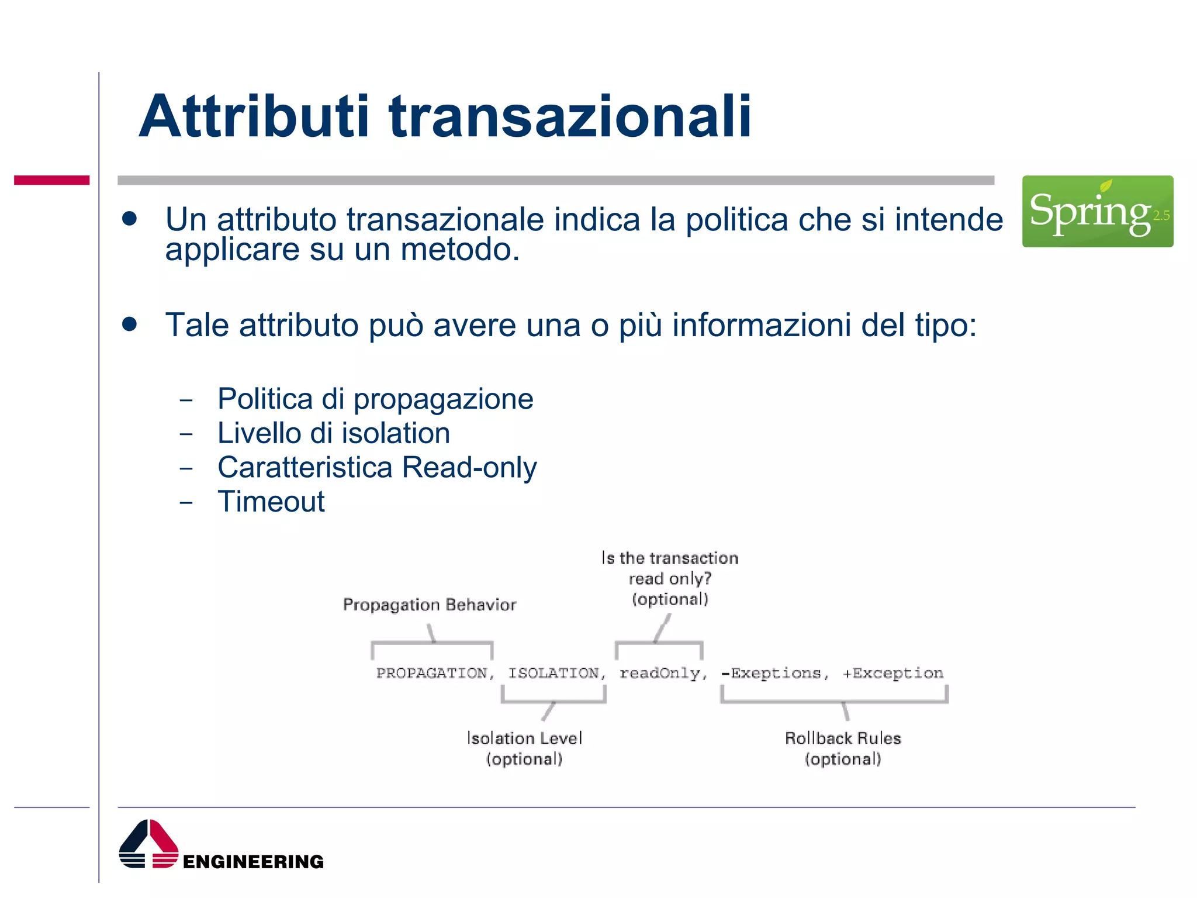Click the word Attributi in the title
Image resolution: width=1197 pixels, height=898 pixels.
tap(254, 117)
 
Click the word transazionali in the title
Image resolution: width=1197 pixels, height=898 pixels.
tap(570, 117)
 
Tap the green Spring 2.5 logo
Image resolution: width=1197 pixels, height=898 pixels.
tap(1097, 211)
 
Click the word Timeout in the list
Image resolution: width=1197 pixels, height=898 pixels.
tap(271, 502)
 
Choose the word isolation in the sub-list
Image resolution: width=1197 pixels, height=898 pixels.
tap(396, 433)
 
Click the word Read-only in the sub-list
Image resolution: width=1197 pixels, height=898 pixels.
tap(469, 468)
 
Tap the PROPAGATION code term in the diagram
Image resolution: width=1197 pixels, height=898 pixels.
tap(431, 673)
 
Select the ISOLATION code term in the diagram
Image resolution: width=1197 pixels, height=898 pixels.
tap(553, 673)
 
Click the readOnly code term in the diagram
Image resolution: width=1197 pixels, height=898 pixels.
tap(660, 673)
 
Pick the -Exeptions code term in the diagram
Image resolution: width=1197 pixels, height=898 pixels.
tap(771, 673)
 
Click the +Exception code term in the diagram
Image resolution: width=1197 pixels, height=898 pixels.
tap(893, 673)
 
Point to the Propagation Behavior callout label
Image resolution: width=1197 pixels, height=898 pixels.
tap(430, 605)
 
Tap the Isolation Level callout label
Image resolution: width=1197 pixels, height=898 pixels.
tap(524, 738)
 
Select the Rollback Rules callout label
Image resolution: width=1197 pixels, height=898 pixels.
tap(842, 738)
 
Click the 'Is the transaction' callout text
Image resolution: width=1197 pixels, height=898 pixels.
tap(670, 558)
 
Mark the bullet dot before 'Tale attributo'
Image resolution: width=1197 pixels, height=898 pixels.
tap(130, 324)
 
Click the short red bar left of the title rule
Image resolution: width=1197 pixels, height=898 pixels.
tap(51, 180)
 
